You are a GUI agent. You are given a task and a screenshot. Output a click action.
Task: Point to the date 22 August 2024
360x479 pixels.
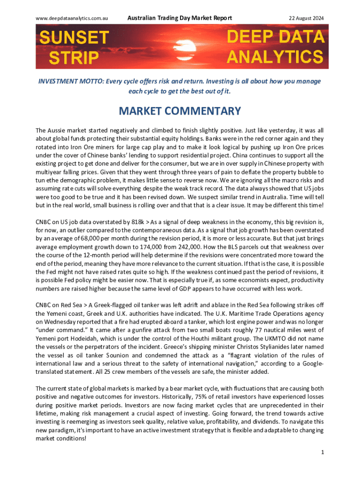click(303, 18)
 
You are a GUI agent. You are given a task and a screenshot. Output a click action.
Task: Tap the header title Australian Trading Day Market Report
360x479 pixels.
click(180, 18)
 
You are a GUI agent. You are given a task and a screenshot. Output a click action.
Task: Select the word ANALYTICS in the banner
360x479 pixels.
click(275, 57)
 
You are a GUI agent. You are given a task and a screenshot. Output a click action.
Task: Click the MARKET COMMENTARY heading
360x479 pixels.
click(180, 111)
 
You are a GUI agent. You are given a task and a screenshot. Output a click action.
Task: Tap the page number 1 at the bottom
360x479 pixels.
click(323, 452)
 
